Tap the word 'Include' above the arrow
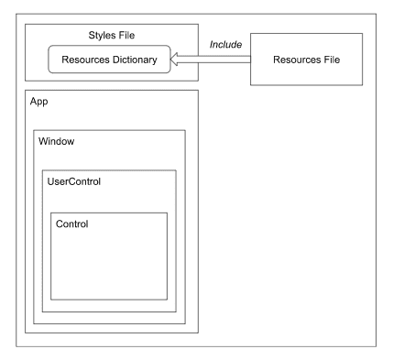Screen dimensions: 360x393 [224, 44]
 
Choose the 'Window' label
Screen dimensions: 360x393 [58, 143]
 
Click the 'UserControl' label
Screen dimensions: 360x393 [73, 182]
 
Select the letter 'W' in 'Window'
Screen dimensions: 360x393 [43, 143]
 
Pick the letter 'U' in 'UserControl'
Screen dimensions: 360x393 [50, 182]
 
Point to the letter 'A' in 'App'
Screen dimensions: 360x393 [34, 104]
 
